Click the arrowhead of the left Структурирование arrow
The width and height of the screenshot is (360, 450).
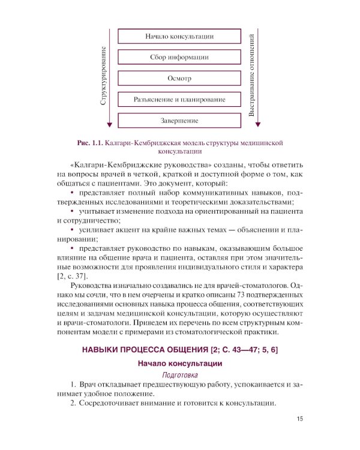[x=109, y=125]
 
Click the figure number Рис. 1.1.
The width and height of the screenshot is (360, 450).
[x=89, y=143]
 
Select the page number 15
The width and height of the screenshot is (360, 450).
[x=301, y=419]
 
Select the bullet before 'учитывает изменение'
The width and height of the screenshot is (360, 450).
[x=72, y=212]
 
